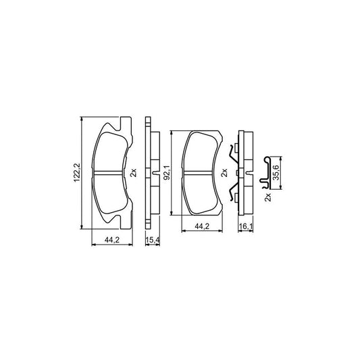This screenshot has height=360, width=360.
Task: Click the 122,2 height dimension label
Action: click(x=76, y=173)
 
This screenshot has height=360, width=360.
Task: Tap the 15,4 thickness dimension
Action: click(x=153, y=240)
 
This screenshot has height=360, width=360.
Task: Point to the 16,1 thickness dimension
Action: click(x=246, y=227)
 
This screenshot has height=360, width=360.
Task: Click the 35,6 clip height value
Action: click(x=276, y=172)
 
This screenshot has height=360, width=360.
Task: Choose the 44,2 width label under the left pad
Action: click(x=112, y=240)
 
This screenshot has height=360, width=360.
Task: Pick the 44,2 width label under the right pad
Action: click(x=202, y=227)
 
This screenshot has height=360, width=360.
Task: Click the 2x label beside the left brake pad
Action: click(x=133, y=173)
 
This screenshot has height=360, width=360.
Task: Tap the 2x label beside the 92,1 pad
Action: click(x=224, y=173)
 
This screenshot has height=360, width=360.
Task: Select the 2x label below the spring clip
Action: click(x=268, y=197)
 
